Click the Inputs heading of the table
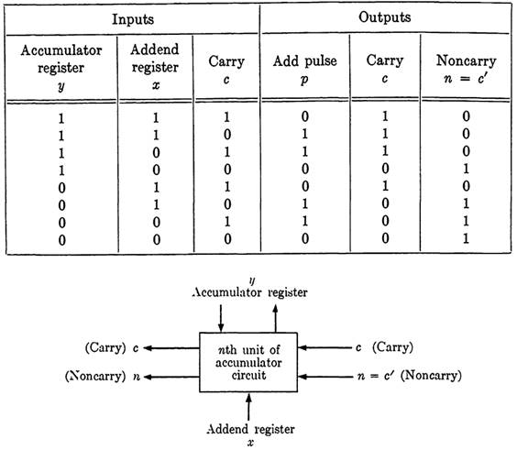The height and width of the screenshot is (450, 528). [133, 19]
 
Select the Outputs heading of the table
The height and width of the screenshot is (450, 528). [385, 17]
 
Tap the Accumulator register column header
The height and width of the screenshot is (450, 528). [60, 68]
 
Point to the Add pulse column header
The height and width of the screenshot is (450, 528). [304, 70]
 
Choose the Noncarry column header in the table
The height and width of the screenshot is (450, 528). [466, 70]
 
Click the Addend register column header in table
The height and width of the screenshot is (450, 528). [155, 67]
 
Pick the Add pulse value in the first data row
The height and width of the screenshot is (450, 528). [304, 116]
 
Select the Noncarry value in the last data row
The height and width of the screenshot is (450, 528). [466, 238]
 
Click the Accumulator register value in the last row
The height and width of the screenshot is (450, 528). [61, 240]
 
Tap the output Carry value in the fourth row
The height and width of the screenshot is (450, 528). [385, 169]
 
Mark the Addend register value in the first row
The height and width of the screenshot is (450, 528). [156, 118]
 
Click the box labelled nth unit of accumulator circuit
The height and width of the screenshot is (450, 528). [248, 363]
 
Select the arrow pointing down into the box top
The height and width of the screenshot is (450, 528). [221, 318]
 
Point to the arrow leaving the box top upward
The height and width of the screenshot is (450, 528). [275, 318]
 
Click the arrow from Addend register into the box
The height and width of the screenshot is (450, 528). [248, 407]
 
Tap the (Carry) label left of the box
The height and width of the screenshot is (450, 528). [112, 347]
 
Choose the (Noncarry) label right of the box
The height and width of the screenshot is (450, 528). [432, 375]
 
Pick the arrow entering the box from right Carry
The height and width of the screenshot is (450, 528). [324, 347]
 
